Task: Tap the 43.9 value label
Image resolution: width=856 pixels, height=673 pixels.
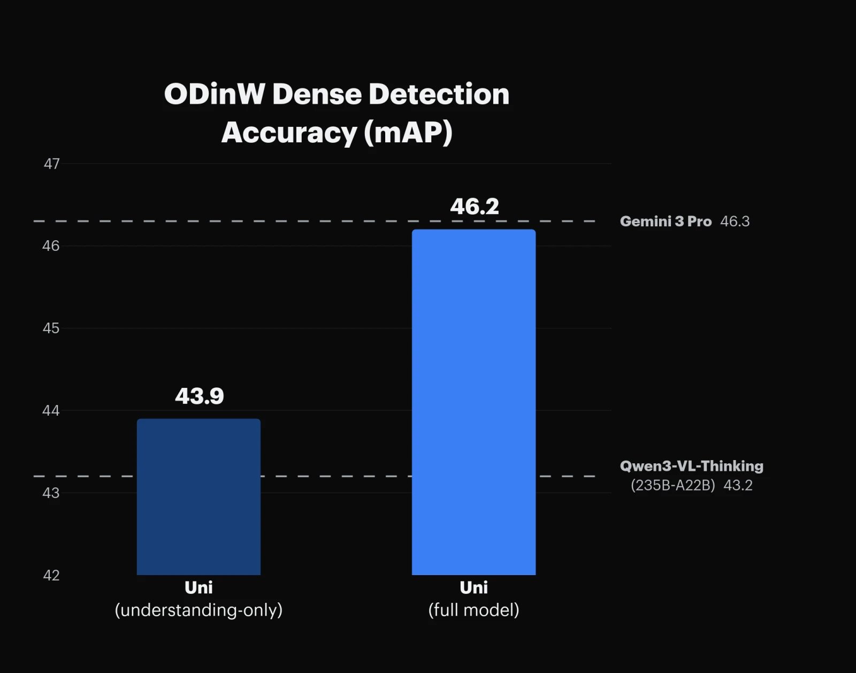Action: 200,396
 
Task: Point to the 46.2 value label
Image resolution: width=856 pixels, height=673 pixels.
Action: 475,207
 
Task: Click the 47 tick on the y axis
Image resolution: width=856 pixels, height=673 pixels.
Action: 52,164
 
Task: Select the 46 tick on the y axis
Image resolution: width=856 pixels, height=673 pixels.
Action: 51,246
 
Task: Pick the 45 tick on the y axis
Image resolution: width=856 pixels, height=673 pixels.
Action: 51,328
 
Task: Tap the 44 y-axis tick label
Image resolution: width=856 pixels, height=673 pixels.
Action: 51,410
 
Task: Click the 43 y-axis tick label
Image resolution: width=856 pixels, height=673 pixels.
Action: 51,493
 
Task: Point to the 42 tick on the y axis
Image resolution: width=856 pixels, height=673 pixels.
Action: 51,575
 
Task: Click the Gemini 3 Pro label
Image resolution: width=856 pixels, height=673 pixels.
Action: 666,221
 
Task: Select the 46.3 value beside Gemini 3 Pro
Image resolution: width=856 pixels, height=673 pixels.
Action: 735,221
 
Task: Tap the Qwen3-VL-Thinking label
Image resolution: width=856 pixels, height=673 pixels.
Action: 691,466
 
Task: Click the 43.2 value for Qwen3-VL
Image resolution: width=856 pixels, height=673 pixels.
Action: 738,485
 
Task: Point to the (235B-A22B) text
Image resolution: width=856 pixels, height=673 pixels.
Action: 673,485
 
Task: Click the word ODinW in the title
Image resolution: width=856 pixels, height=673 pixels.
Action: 214,94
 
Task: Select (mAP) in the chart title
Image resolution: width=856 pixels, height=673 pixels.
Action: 408,133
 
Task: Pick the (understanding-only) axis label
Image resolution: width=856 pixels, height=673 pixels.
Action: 198,610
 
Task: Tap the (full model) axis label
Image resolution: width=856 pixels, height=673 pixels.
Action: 473,610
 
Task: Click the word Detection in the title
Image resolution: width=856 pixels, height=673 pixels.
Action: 439,94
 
